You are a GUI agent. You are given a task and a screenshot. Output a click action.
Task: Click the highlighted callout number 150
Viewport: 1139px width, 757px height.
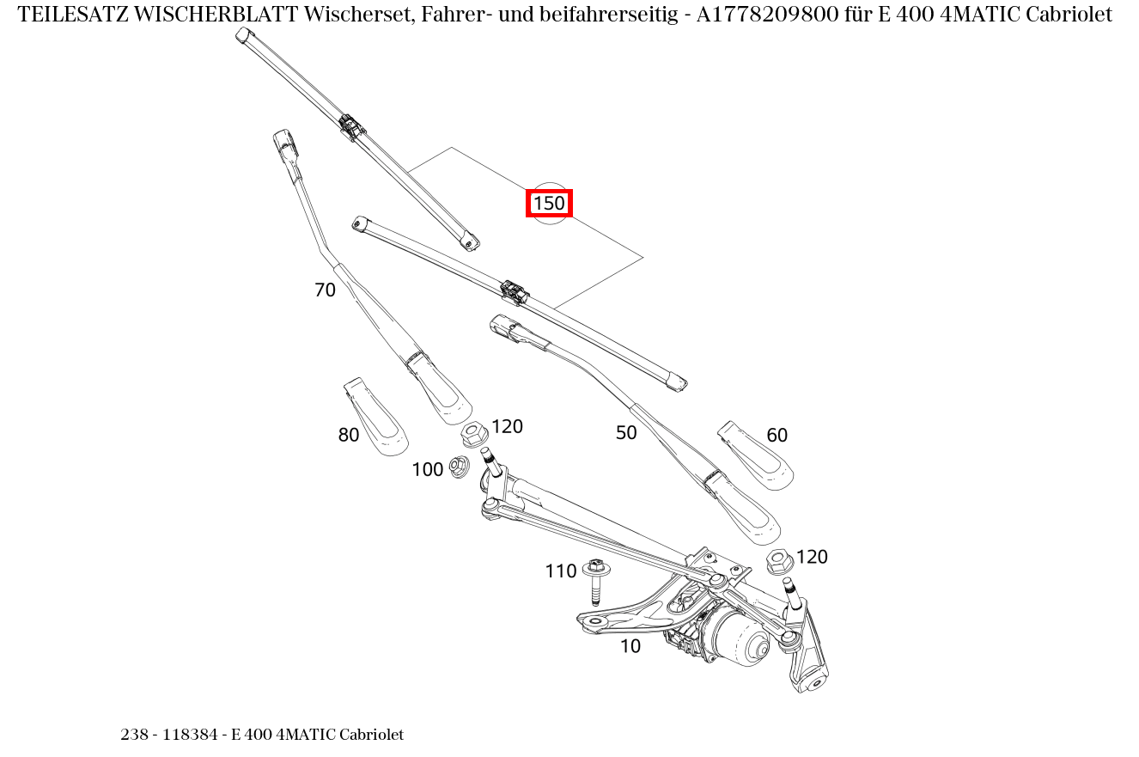549,204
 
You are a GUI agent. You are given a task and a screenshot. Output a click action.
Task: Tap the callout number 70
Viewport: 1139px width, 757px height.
325,290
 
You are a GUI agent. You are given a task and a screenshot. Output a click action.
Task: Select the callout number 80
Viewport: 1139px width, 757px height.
348,436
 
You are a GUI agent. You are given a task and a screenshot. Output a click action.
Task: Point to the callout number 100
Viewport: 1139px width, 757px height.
427,470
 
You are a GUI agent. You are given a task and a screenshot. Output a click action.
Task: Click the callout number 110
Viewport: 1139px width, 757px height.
561,571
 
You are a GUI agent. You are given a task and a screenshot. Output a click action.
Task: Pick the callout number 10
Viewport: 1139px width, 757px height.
630,646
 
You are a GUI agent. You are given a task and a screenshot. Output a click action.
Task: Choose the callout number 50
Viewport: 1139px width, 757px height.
626,433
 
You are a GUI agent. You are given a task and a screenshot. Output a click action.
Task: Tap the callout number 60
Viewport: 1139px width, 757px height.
777,436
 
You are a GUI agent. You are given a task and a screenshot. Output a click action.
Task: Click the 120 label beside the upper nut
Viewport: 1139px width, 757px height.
507,427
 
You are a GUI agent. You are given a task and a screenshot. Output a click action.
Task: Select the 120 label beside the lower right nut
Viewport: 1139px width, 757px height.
812,557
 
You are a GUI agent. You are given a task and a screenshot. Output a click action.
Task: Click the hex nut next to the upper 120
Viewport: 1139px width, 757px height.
472,434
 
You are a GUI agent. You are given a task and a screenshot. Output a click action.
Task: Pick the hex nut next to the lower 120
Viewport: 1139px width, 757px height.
779,562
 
